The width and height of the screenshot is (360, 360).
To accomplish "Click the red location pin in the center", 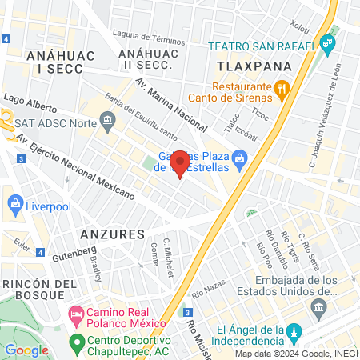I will [x=180, y=162].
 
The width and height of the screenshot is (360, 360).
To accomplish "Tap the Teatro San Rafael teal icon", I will [x=326, y=42].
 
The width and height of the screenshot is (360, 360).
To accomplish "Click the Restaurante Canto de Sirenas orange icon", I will [x=280, y=88].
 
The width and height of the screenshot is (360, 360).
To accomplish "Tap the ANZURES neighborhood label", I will [x=112, y=234].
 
